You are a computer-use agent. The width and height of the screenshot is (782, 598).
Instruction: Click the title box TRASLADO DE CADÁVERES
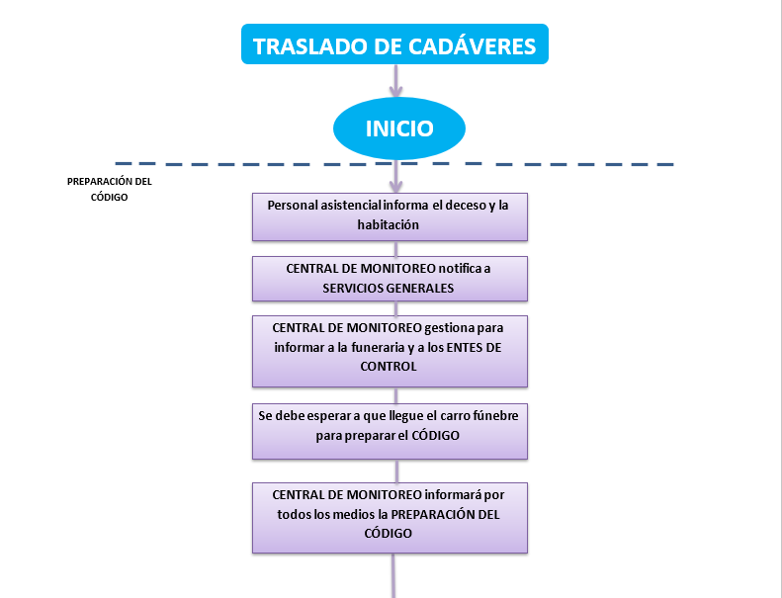(x=393, y=45)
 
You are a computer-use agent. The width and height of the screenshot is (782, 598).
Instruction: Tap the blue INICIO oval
(x=398, y=128)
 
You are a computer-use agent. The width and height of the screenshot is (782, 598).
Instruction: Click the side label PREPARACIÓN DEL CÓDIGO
(x=109, y=189)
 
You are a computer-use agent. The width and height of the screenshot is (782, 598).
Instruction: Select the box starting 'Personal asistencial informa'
(x=390, y=215)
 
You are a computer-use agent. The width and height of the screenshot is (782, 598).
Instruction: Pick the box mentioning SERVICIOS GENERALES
(x=390, y=279)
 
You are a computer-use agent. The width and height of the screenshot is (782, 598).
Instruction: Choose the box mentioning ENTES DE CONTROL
(x=390, y=350)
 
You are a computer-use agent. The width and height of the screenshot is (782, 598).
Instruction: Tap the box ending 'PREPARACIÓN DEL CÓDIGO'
(x=390, y=517)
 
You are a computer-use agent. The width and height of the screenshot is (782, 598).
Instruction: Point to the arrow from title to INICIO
(x=395, y=82)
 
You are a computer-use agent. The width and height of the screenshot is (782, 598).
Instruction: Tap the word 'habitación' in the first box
(x=389, y=224)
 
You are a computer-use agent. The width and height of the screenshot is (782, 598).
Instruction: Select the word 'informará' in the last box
(x=458, y=494)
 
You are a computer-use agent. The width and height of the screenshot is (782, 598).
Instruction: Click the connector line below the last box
(x=394, y=575)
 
